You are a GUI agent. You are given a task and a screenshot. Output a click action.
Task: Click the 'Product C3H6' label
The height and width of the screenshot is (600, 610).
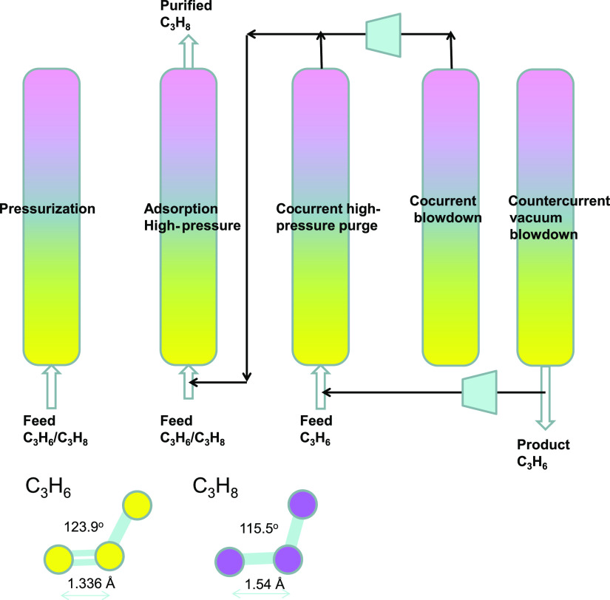click(543, 453)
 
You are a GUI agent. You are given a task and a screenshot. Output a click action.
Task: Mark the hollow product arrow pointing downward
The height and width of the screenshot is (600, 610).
click(546, 397)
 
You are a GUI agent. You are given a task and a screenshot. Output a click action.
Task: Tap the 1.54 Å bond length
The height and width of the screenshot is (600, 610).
click(260, 582)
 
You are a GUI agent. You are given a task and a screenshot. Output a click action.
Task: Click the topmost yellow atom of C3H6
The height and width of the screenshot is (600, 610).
click(138, 505)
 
